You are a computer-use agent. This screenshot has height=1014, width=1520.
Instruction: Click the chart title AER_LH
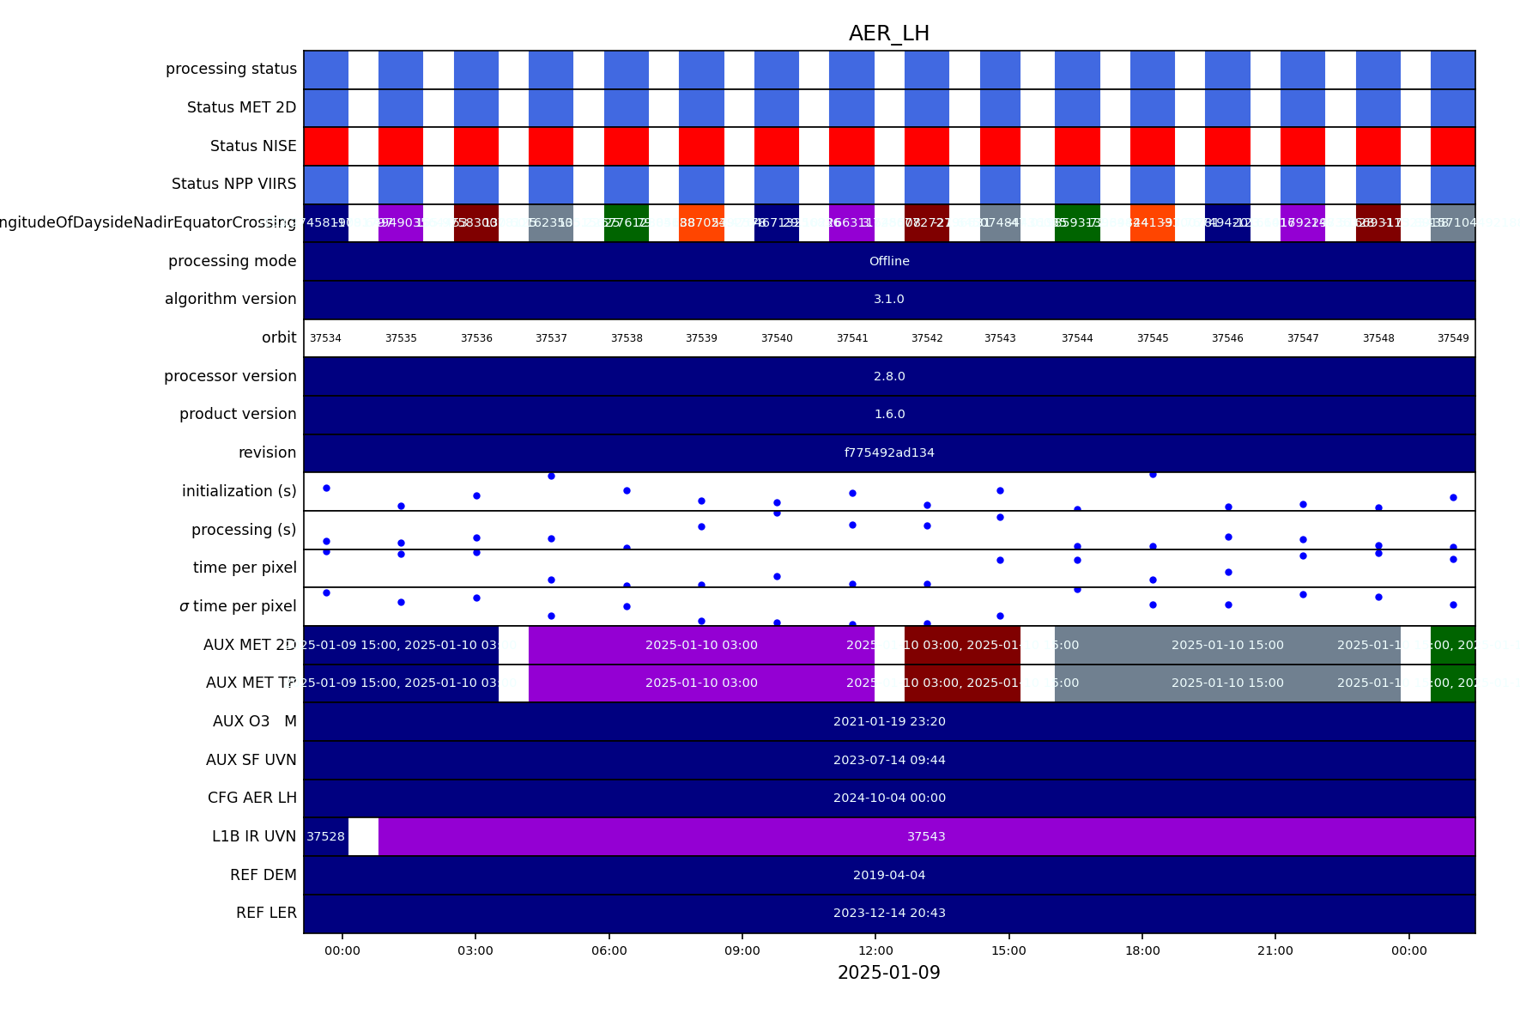coord(889,33)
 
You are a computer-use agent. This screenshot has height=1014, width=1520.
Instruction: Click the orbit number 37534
coord(325,338)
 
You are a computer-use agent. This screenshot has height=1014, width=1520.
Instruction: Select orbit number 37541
coord(852,338)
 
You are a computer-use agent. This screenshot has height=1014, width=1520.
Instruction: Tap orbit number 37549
coord(1453,338)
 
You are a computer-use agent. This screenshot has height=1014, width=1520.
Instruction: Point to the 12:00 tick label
coord(875,950)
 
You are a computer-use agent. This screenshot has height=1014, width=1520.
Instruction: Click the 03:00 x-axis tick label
coord(475,950)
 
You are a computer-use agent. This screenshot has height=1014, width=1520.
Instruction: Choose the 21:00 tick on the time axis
coord(1275,950)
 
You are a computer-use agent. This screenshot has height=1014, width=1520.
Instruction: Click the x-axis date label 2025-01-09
coord(889,973)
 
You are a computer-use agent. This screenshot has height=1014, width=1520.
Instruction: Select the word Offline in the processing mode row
coord(889,261)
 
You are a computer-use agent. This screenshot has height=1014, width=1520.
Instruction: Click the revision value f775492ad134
coord(889,452)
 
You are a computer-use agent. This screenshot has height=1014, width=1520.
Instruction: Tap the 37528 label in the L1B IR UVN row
coord(325,836)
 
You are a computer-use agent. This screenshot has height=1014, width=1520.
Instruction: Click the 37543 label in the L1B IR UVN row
coord(926,836)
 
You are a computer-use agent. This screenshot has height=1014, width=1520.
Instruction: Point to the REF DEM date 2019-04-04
coord(889,875)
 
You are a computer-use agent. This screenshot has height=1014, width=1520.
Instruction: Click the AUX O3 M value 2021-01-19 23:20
coord(889,721)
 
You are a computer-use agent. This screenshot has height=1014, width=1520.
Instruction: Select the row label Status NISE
coord(253,146)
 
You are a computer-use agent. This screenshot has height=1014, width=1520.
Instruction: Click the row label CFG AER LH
coord(251,798)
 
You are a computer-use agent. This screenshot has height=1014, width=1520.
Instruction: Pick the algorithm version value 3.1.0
coord(889,299)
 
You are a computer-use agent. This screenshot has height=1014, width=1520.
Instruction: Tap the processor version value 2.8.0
coord(889,376)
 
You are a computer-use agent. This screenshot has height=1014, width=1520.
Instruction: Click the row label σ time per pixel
coord(238,606)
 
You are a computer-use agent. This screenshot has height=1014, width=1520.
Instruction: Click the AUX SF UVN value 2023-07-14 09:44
coord(889,760)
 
